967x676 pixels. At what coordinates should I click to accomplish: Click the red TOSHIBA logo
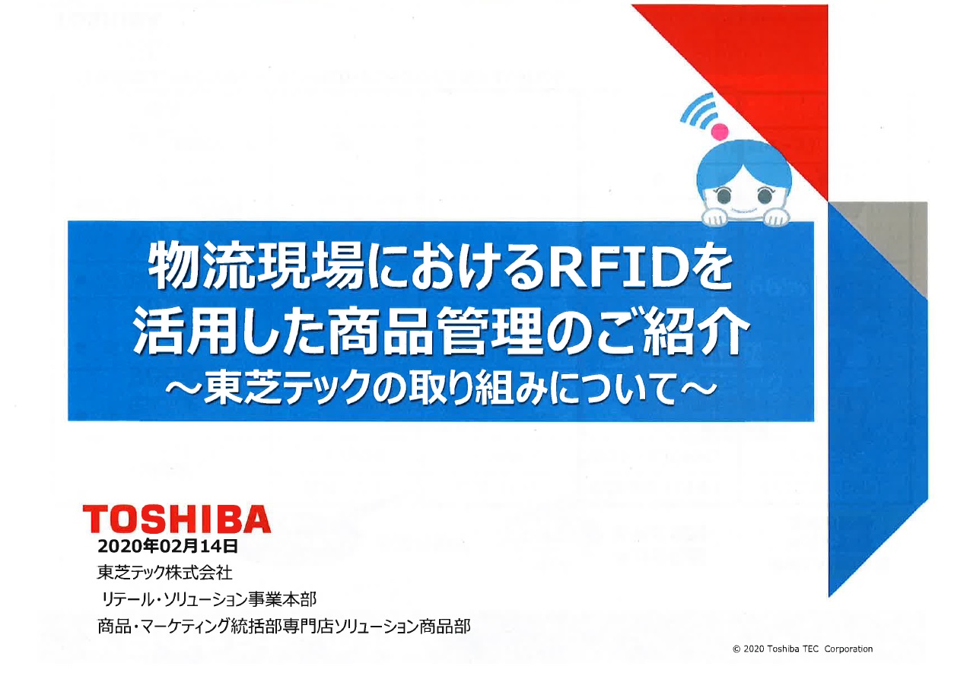(x=177, y=519)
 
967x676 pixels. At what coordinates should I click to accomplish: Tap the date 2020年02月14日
(x=167, y=546)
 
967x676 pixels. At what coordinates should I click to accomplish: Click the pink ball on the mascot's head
(x=719, y=131)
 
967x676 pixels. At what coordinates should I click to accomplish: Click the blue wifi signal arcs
(x=698, y=110)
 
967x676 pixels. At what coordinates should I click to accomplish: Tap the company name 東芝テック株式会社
(x=164, y=573)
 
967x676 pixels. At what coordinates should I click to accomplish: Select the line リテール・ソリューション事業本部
(x=209, y=599)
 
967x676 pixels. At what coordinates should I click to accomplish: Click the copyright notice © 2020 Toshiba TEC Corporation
(x=802, y=649)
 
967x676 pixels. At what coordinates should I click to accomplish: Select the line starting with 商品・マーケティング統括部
(x=284, y=626)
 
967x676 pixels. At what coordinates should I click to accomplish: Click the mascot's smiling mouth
(x=744, y=211)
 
